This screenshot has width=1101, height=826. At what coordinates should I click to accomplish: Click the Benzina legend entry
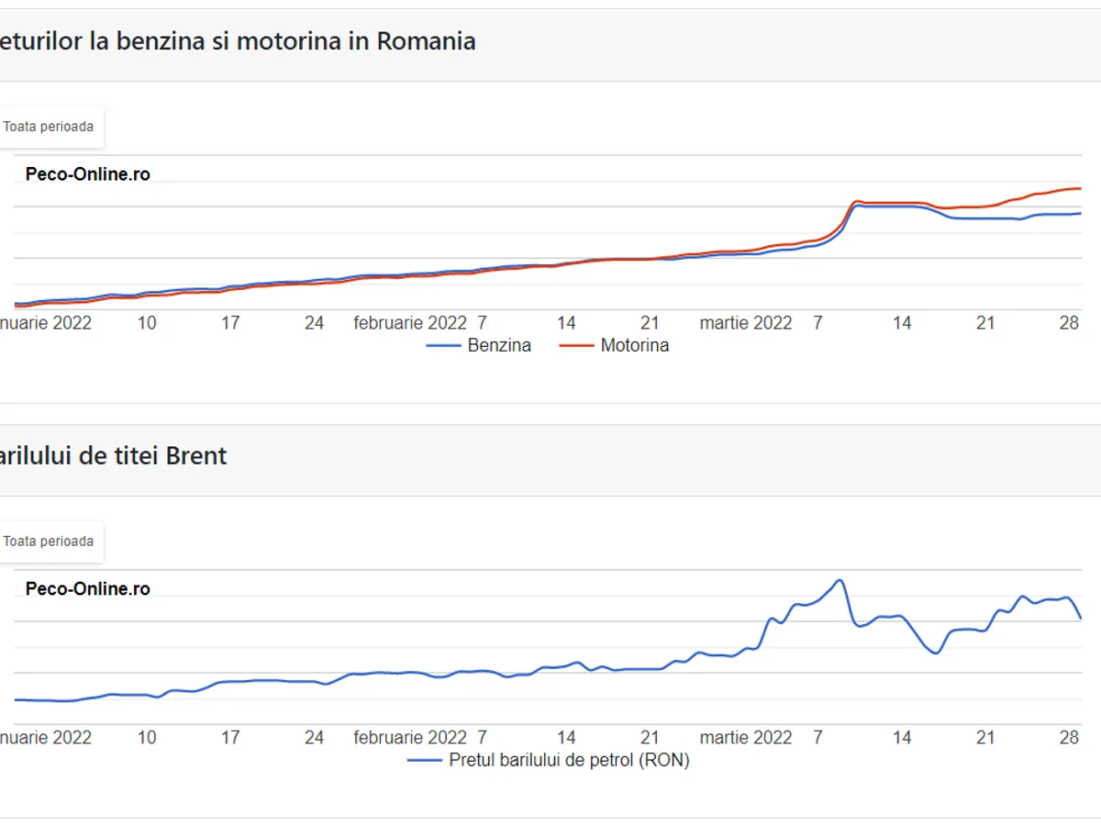click(x=498, y=346)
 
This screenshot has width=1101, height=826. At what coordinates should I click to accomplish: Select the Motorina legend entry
click(x=634, y=346)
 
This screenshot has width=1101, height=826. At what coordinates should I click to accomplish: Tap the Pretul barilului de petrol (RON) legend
click(x=569, y=760)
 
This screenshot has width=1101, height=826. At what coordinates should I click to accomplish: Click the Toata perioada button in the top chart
click(x=49, y=127)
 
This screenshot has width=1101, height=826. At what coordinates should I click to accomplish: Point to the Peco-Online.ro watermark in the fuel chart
click(x=88, y=174)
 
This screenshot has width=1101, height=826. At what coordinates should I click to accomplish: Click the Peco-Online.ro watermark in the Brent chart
click(x=88, y=589)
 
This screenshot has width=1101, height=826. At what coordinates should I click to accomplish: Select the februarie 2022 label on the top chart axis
click(x=410, y=323)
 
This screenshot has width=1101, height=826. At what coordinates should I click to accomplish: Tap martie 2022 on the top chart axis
click(x=745, y=323)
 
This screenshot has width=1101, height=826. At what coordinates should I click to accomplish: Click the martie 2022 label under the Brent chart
click(x=745, y=738)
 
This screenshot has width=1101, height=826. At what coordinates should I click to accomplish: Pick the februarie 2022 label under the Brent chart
click(x=410, y=738)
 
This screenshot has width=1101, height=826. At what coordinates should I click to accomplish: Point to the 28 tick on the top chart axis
click(x=1069, y=323)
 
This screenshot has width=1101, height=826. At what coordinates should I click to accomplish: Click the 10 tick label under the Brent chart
click(x=147, y=738)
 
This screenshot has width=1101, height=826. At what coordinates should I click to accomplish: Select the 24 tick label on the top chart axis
click(x=314, y=323)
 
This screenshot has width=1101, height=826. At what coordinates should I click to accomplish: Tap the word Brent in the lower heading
click(x=195, y=456)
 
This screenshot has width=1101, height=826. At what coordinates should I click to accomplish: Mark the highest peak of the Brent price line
click(x=839, y=580)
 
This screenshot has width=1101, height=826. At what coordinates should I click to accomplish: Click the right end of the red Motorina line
click(x=1080, y=188)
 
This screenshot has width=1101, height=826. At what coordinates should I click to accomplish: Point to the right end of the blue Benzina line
click(x=1080, y=213)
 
